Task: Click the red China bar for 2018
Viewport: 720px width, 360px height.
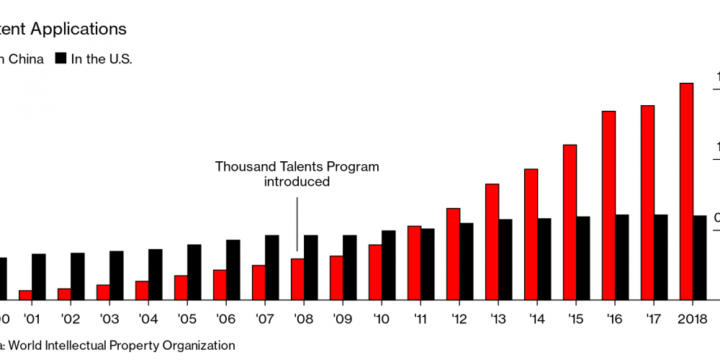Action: tap(686, 191)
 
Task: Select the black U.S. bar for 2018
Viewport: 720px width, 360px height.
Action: tap(699, 257)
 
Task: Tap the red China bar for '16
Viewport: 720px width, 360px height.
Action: tap(608, 205)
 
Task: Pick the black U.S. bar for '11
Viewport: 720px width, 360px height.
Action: tap(427, 264)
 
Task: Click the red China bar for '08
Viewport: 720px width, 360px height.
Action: tap(297, 279)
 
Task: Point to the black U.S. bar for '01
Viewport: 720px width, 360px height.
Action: tap(38, 276)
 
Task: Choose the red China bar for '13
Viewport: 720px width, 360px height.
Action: tap(492, 241)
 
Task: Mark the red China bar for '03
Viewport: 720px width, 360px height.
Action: tap(103, 292)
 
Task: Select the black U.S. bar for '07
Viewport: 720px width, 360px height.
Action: tap(271, 266)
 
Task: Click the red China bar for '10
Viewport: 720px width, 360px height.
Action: tap(375, 271)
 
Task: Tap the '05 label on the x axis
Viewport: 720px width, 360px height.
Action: tap(186, 318)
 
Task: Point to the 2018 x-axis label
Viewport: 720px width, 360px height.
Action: tap(692, 318)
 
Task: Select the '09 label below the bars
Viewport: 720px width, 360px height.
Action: tap(342, 318)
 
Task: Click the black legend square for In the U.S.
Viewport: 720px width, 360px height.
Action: tap(60, 59)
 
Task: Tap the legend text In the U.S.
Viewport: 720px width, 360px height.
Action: tap(102, 59)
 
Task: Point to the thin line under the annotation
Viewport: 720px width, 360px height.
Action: tap(297, 223)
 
